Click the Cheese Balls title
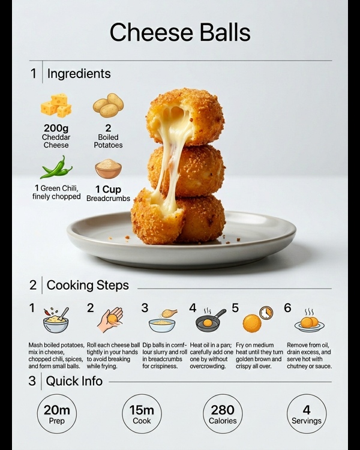[x=180, y=32]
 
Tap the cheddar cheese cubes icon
[x=56, y=106]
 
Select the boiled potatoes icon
[x=108, y=105]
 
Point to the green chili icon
[x=56, y=167]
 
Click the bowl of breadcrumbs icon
[x=108, y=169]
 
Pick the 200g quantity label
[x=56, y=128]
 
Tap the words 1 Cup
[x=108, y=190]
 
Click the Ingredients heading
[x=79, y=73]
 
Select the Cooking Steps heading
[x=88, y=285]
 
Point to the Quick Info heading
[x=74, y=381]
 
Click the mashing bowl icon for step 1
[x=56, y=320]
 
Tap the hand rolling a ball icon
[x=110, y=320]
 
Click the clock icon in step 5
[x=266, y=313]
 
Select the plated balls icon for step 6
[x=310, y=321]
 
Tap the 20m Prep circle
[x=57, y=413]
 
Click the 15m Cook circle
[x=142, y=413]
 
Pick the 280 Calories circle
[x=223, y=413]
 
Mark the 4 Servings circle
[x=307, y=413]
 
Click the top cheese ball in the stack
[x=185, y=116]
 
